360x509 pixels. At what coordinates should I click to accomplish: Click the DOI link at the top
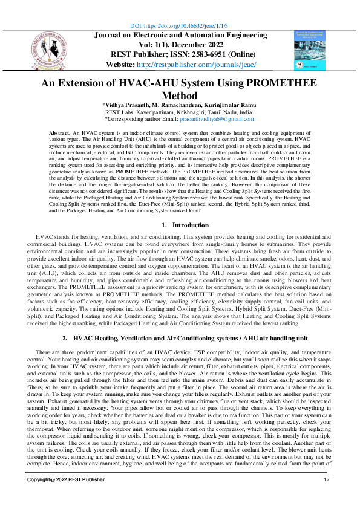[x=180, y=26]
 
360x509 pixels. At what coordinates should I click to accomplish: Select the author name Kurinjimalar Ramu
[x=227, y=105]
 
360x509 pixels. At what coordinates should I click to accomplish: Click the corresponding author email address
[x=215, y=119]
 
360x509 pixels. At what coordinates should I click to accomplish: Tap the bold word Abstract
[x=59, y=132]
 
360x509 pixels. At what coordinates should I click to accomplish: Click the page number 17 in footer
[x=327, y=496]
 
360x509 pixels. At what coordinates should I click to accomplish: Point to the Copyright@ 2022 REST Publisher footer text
[x=62, y=496]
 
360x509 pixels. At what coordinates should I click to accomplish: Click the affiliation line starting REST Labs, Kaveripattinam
[x=180, y=112]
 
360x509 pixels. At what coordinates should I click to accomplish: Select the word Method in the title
[x=180, y=96]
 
